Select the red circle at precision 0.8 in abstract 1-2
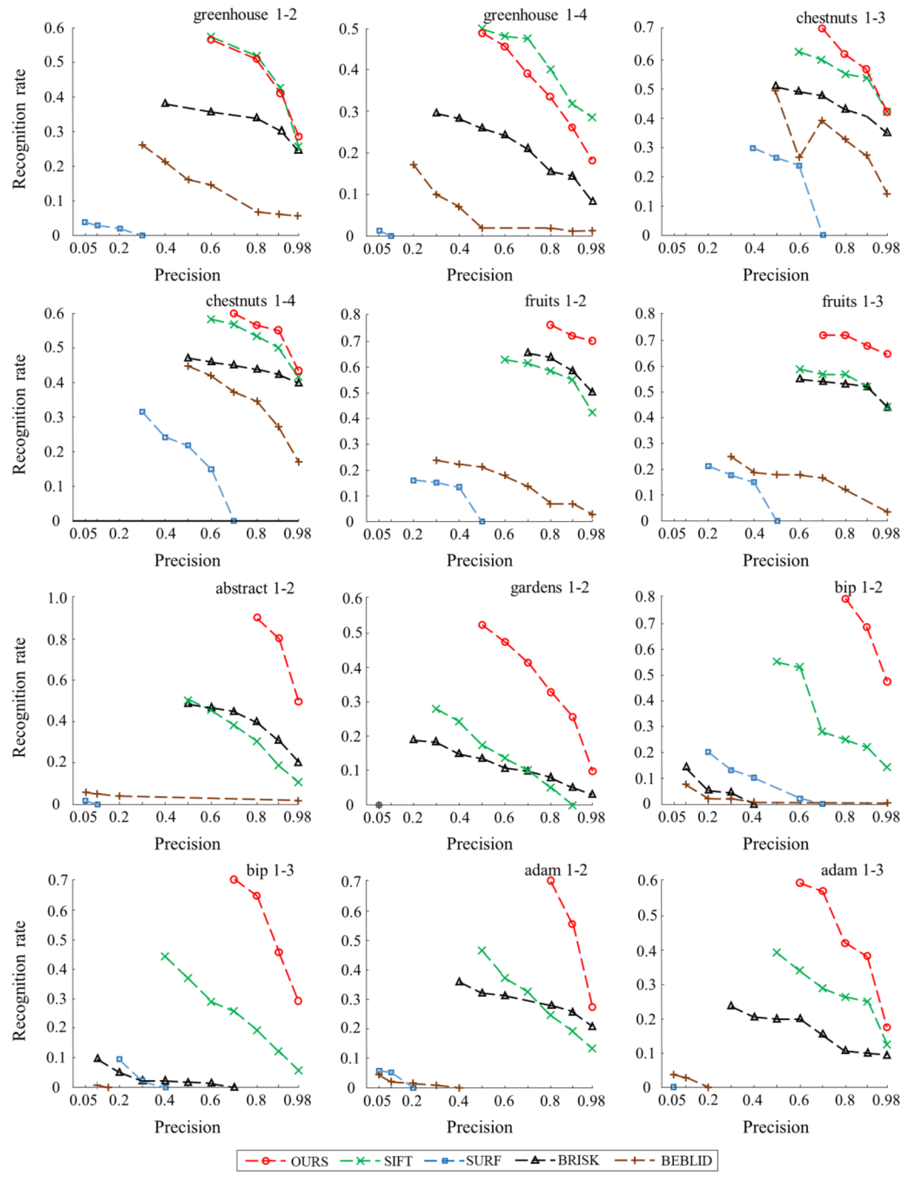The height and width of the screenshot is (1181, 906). (x=257, y=618)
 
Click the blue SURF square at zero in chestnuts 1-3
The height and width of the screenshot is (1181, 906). (x=823, y=235)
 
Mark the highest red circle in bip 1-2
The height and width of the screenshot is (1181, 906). (x=846, y=599)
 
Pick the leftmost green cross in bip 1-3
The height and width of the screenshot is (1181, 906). (x=165, y=957)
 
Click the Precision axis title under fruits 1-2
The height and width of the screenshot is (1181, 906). (x=479, y=561)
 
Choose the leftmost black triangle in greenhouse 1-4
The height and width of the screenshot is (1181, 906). (x=437, y=113)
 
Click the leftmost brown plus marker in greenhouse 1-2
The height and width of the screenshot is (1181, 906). (x=142, y=145)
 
